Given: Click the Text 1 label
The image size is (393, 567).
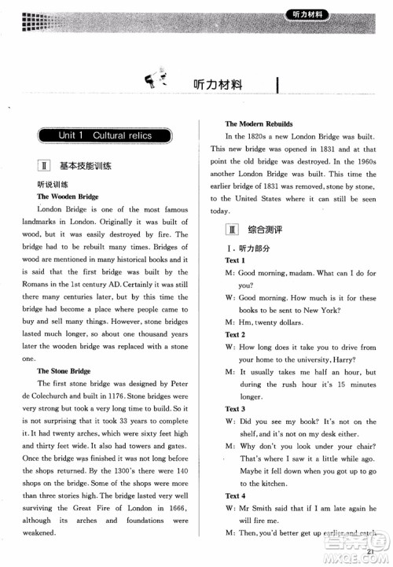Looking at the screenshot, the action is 234,260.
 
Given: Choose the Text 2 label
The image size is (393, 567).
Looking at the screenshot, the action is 235,335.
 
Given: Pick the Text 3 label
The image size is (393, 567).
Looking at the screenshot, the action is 235,409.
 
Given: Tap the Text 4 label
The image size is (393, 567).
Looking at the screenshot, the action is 235,496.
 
